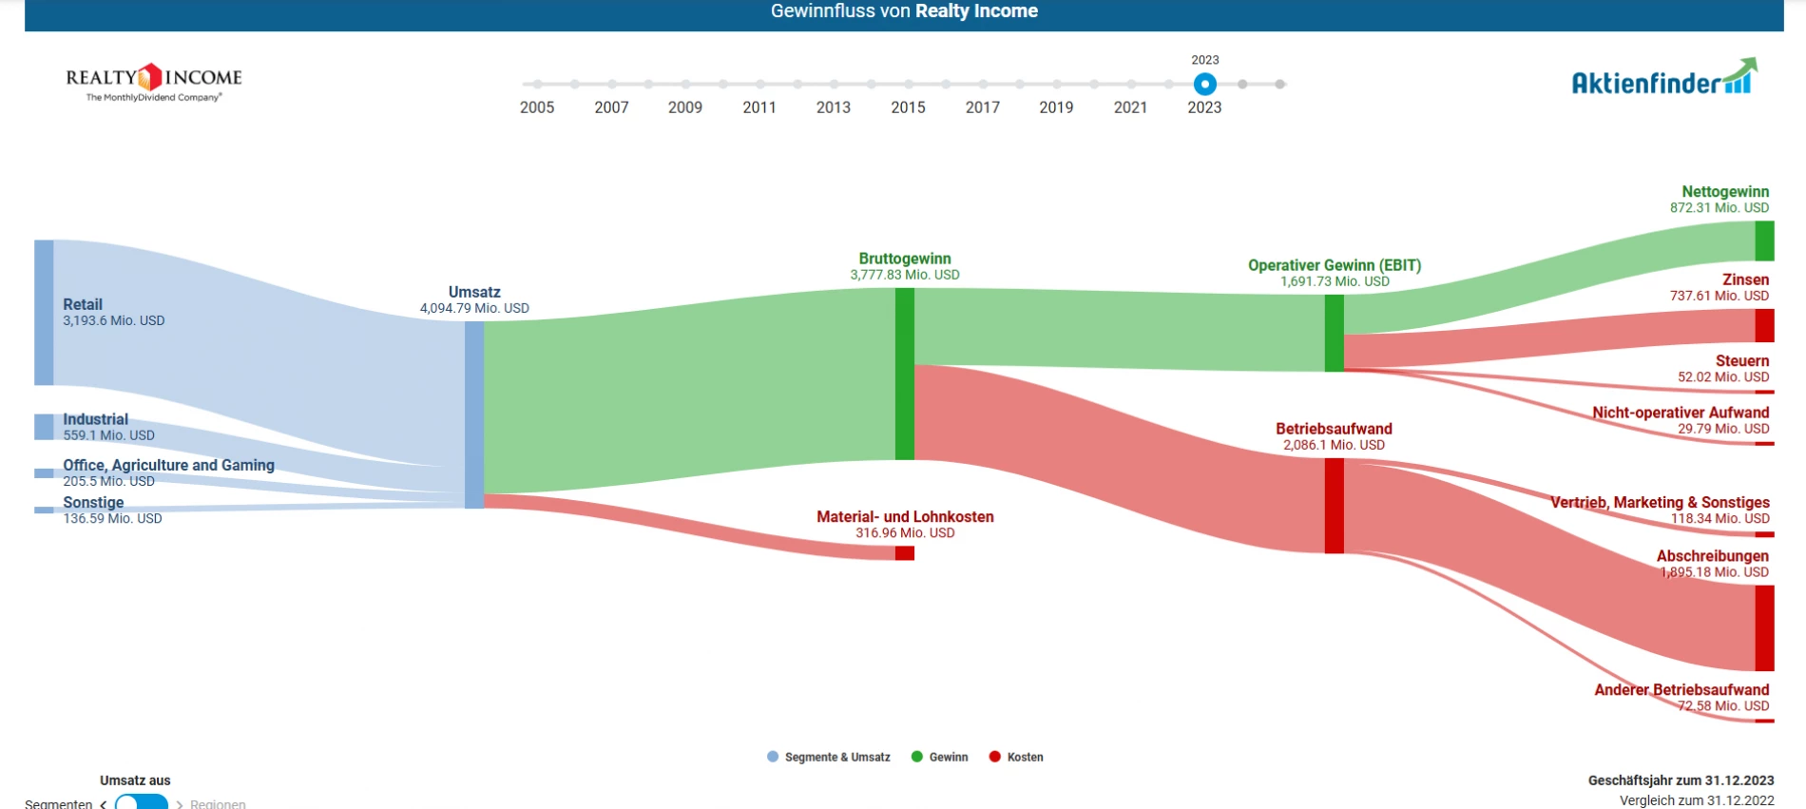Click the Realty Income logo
click(x=153, y=82)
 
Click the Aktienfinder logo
click(x=1663, y=79)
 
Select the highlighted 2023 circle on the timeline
click(x=1204, y=85)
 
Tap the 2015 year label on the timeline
click(x=908, y=107)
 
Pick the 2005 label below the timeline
click(x=537, y=107)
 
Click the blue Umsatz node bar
click(x=473, y=414)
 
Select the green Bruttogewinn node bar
click(x=904, y=374)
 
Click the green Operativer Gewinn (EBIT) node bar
click(x=1334, y=333)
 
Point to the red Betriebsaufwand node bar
click(x=1334, y=505)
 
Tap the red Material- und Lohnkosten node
click(x=904, y=553)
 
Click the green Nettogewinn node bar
click(x=1764, y=241)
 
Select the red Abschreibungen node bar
click(x=1764, y=628)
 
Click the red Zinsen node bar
click(x=1764, y=325)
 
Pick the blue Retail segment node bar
click(x=44, y=313)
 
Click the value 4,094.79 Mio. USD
click(x=474, y=308)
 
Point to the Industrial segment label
click(x=95, y=419)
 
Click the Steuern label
click(x=1741, y=361)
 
